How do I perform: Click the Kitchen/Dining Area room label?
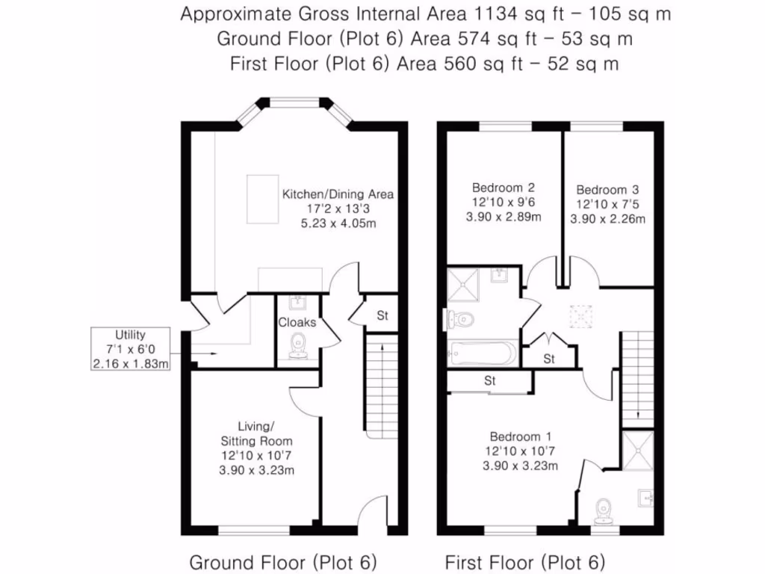click(x=337, y=194)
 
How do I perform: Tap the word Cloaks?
click(x=297, y=323)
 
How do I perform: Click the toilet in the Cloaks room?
click(x=299, y=347)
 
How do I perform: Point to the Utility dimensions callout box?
click(x=130, y=349)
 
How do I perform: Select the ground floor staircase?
click(x=381, y=388)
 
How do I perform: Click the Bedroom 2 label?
click(x=503, y=188)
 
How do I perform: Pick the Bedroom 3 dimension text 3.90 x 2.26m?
click(x=607, y=219)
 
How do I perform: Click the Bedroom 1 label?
click(x=515, y=436)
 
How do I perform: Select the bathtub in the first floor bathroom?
click(x=482, y=353)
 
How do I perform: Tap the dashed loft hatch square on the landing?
click(x=580, y=315)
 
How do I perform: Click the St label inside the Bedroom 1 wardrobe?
click(x=490, y=381)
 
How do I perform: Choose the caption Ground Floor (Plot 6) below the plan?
click(x=282, y=561)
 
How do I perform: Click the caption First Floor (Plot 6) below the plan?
click(x=524, y=561)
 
